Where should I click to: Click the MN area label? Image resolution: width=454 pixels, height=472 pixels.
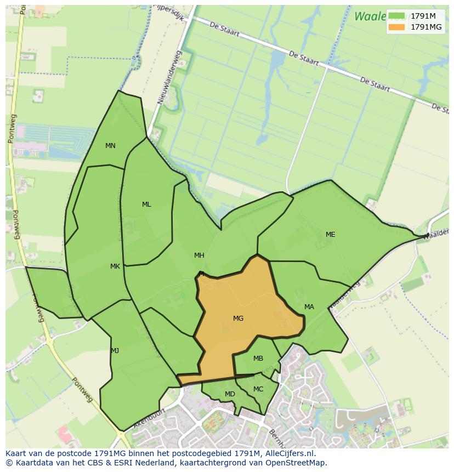click(x=110, y=146)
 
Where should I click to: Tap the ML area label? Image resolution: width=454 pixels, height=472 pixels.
click(x=146, y=204)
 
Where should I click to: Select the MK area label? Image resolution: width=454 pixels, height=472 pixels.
click(x=115, y=266)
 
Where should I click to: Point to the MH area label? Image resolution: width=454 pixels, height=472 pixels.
click(x=199, y=255)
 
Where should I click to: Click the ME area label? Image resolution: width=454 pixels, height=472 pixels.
click(x=330, y=235)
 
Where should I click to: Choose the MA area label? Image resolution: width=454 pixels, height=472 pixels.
click(x=309, y=307)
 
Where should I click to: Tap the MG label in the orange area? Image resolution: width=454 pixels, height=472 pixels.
click(x=238, y=319)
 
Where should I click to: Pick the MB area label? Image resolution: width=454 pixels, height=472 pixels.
click(x=258, y=359)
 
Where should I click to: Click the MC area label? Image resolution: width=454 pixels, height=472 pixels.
click(x=258, y=389)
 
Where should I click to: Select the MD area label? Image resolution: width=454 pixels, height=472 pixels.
click(x=230, y=394)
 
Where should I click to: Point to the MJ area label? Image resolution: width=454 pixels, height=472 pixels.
click(x=115, y=351)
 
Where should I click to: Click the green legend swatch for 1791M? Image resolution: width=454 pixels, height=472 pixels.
click(x=396, y=16)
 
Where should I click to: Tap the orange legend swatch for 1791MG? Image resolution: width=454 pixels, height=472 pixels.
click(x=396, y=27)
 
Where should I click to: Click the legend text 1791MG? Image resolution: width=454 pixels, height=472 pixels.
click(x=426, y=27)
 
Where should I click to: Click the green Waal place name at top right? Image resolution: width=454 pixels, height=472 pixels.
click(x=369, y=16)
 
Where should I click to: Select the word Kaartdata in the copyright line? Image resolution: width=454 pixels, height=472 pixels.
click(x=33, y=463)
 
